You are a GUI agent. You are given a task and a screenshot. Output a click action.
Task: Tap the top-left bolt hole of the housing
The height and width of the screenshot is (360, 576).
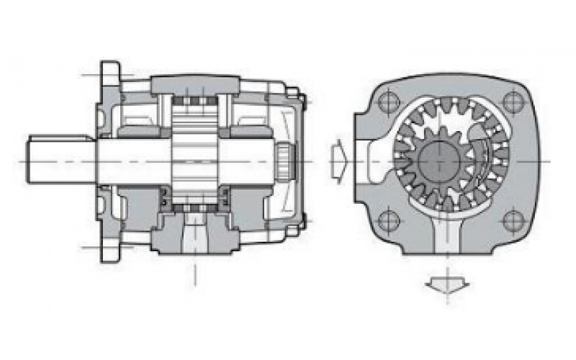(387, 101)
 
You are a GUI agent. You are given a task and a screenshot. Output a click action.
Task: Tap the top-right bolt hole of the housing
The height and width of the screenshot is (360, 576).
(512, 102)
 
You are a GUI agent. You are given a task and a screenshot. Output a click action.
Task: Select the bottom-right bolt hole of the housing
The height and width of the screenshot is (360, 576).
(512, 220)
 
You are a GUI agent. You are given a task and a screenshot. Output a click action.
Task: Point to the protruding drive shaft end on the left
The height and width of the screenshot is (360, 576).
(50, 160)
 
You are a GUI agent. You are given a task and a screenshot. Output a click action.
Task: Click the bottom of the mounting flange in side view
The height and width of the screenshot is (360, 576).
(109, 248)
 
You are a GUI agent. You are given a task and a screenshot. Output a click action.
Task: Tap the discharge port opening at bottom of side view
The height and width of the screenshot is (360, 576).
(194, 238)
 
